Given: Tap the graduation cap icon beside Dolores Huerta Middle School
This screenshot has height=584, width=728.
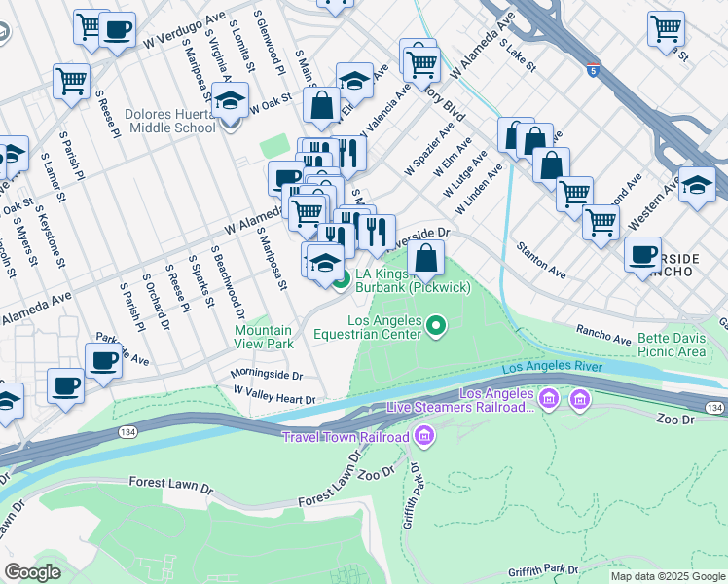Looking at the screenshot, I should pos(231,102).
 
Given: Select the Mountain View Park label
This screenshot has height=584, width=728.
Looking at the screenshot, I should pos(264,337).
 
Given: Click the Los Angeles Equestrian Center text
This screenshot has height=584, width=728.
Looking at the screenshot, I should pos(384,327).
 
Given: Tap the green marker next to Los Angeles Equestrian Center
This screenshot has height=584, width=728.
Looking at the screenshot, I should pos(437,326).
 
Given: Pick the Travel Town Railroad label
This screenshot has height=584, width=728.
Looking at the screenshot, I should pos(346,437).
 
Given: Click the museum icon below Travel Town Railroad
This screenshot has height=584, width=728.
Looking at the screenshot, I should pos(423,437).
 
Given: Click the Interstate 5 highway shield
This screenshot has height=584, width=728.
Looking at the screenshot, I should pos(593,70).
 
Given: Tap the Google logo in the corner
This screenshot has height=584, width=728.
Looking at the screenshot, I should pos(33,571).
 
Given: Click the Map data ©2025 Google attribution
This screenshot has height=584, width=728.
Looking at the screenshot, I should pos(668,576).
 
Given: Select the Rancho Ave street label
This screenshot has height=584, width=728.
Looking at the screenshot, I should pos(603,335).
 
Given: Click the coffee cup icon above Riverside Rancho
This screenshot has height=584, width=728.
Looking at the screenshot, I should pos(642,256).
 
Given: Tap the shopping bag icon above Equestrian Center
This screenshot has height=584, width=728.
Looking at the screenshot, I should pos(426,258).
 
